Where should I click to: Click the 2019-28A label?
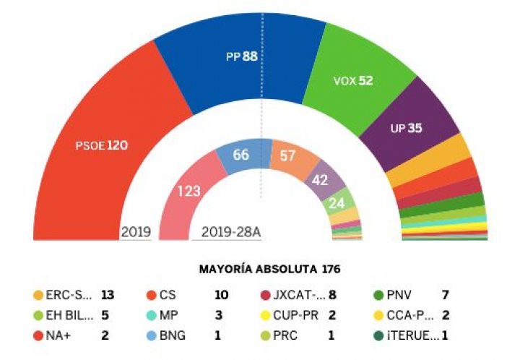(231, 232)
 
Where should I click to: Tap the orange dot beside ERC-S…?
(38, 295)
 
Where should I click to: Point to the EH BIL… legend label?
(69, 316)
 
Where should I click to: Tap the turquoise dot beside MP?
(152, 316)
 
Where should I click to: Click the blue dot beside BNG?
(152, 336)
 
